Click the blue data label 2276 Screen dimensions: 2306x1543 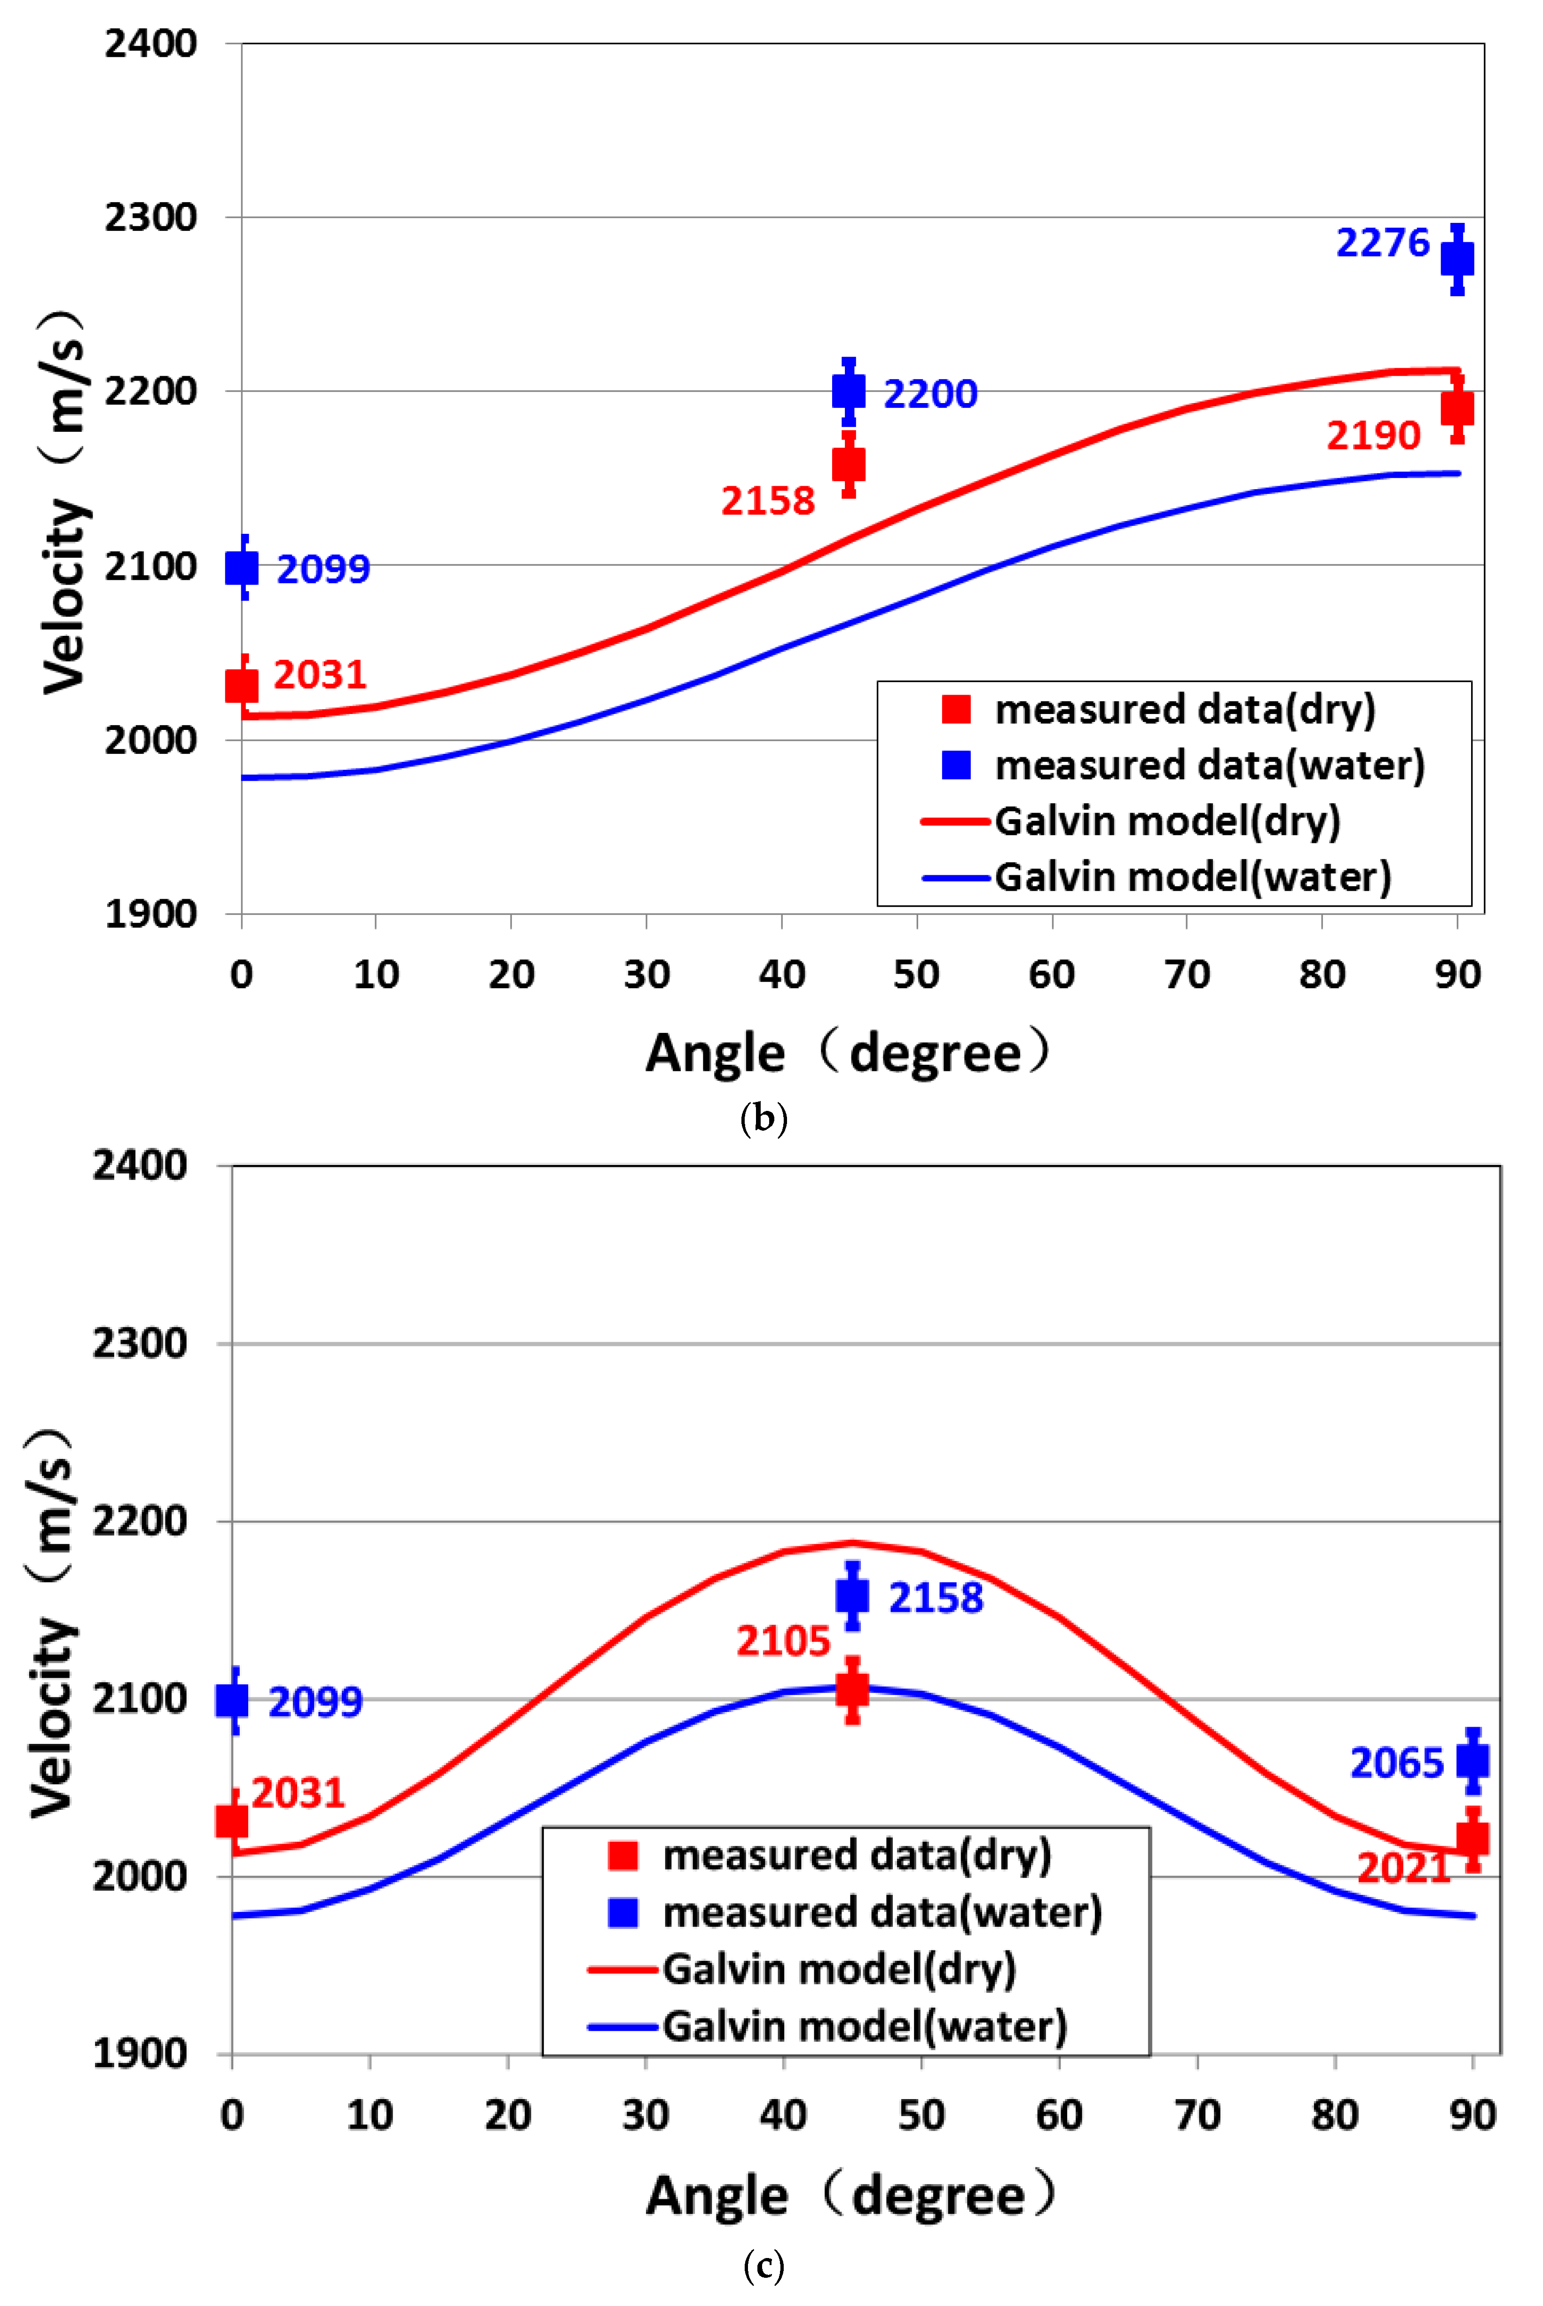1382,242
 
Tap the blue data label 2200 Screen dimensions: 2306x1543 930,394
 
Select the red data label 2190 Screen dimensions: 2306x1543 1373,435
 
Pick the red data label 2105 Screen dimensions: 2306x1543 783,1640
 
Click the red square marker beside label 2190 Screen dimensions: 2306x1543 1456,407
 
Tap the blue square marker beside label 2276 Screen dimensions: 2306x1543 1456,259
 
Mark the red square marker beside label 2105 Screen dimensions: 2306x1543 852,1689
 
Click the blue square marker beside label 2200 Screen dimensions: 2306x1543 848,391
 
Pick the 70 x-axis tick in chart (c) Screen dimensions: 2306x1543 1197,2115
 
